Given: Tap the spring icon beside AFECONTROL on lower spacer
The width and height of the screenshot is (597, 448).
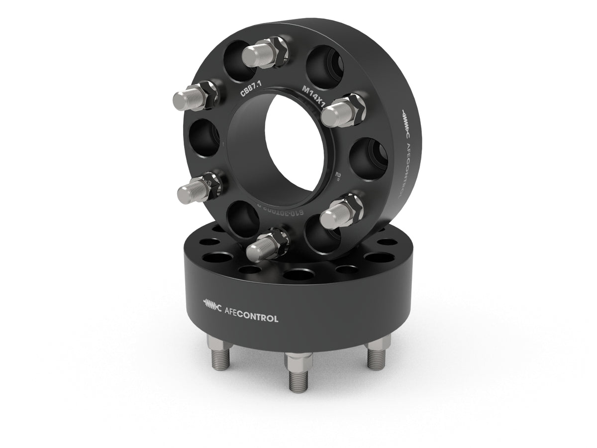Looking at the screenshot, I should tap(212, 304).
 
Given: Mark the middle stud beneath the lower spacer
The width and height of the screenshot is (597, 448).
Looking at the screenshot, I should tap(298, 373).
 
